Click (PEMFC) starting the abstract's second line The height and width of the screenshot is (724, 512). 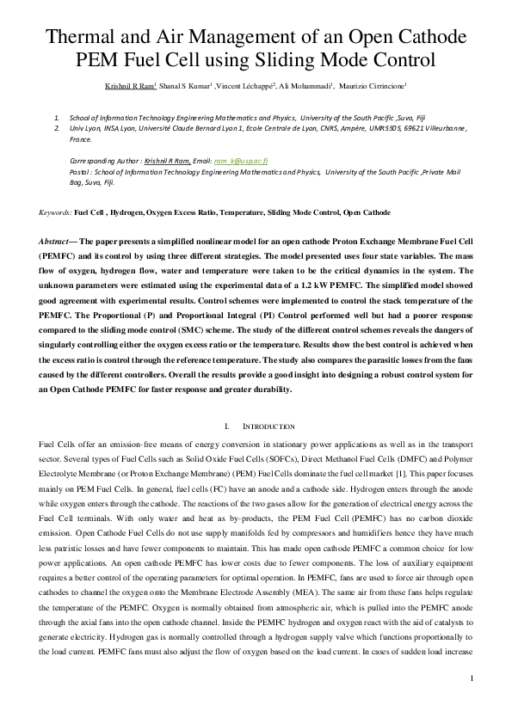tap(58, 256)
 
